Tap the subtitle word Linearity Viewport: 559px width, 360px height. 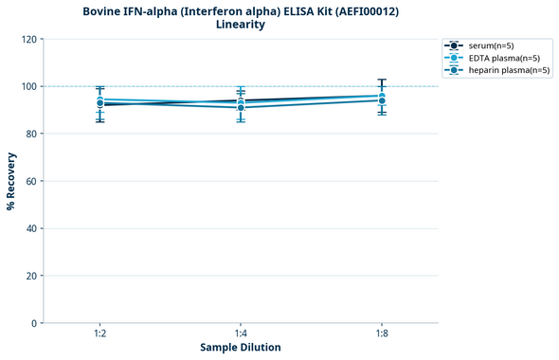241,25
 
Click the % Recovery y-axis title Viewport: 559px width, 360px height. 11,181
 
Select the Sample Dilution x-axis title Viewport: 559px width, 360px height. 241,348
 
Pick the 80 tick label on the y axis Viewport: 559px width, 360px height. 30,134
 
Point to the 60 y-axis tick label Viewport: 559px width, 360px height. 30,181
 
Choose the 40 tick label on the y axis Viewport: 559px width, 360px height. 30,228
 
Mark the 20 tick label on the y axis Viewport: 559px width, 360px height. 30,276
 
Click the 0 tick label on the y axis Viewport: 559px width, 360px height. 33,323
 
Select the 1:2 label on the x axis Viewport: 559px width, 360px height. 99,333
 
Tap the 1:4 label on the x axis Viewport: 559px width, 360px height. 241,333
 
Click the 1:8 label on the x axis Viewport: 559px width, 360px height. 382,333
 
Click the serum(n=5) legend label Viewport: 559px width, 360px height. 491,45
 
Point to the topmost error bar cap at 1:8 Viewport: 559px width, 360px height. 382,80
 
